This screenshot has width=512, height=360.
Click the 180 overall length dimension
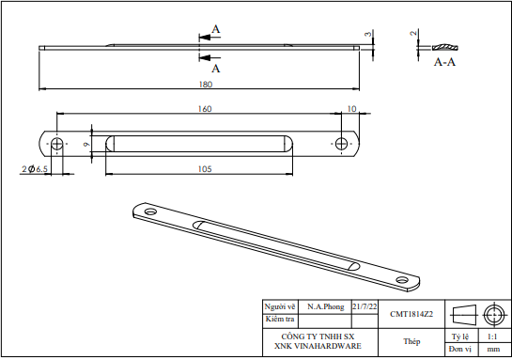[204, 85]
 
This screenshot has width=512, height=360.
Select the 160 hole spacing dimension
[204, 109]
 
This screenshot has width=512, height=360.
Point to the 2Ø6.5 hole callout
[35, 169]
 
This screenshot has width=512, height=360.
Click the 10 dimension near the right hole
[351, 109]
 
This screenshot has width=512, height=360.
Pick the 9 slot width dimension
[85, 144]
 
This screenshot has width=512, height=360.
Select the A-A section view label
[445, 61]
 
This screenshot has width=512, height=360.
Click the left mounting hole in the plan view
[57, 144]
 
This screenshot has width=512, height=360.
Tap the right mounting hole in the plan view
[342, 144]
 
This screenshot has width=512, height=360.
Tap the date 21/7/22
[365, 307]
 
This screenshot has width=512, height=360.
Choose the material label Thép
[411, 341]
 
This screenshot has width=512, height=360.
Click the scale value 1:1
[492, 336]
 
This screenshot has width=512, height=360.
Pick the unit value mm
[492, 349]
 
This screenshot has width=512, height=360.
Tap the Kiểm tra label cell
[280, 320]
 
